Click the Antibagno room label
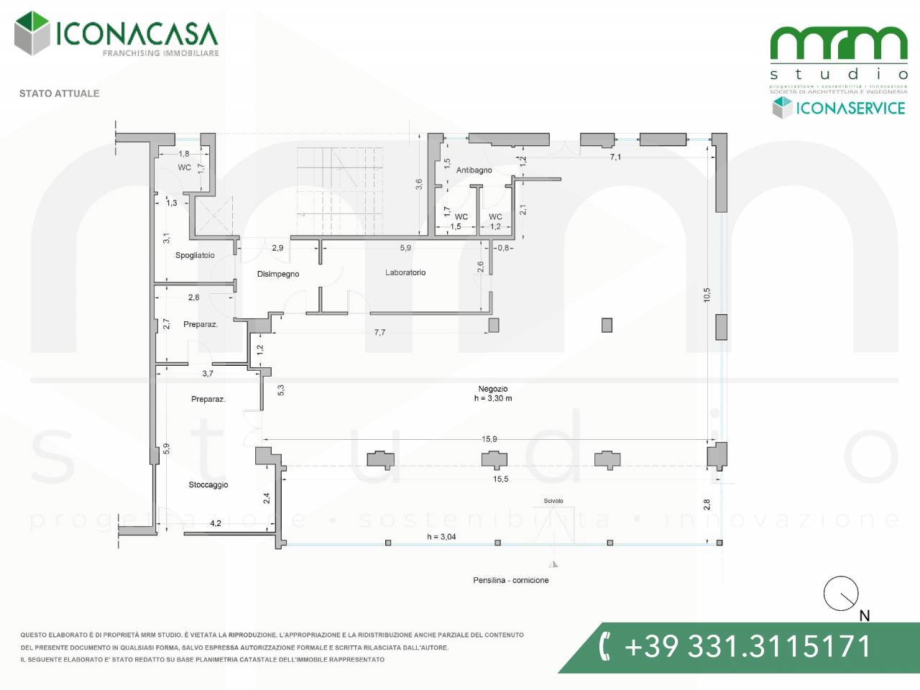[x=474, y=170]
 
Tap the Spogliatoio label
[x=195, y=255]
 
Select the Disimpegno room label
[x=278, y=274]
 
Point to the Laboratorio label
[x=405, y=272]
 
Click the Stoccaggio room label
[x=208, y=484]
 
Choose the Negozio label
[x=493, y=389]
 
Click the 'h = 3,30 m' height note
[x=493, y=398]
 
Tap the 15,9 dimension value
[x=489, y=439]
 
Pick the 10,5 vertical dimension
[x=707, y=295]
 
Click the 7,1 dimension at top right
[x=615, y=157]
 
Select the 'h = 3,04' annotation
[x=441, y=537]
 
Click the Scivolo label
[x=553, y=501]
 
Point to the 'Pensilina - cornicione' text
[x=511, y=580]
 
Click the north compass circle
[x=841, y=594]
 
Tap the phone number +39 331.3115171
[x=747, y=647]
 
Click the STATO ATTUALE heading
[x=59, y=93]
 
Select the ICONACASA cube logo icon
[x=32, y=33]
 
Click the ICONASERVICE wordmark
[x=850, y=109]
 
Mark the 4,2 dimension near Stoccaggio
[x=216, y=523]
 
